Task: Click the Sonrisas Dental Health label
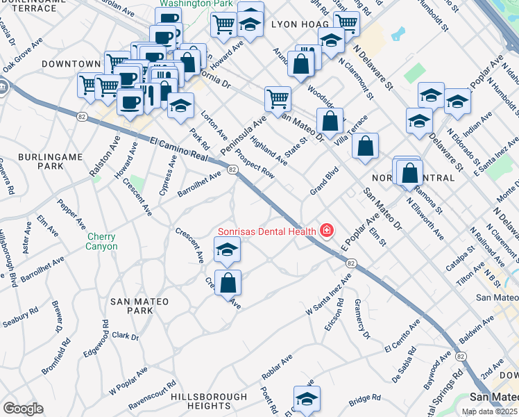tap(266, 231)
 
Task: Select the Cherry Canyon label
tap(102, 241)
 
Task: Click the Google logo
tap(23, 409)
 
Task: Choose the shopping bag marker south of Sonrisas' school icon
tap(228, 283)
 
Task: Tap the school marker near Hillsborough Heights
tap(306, 399)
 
